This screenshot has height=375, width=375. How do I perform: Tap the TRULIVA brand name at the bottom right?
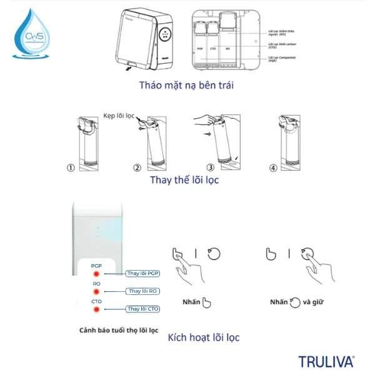(x=326, y=361)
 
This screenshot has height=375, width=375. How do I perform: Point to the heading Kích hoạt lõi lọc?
(x=204, y=338)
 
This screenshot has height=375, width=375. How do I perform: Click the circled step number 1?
(x=71, y=168)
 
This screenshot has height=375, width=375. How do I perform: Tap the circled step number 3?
(x=211, y=168)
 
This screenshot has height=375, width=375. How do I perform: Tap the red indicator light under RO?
(x=97, y=292)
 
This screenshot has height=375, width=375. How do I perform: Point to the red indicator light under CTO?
(x=97, y=309)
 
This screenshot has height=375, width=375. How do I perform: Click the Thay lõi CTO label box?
(x=144, y=309)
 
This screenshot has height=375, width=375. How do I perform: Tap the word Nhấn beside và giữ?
(x=279, y=302)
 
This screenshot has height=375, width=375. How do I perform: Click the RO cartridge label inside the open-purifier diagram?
(x=227, y=48)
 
